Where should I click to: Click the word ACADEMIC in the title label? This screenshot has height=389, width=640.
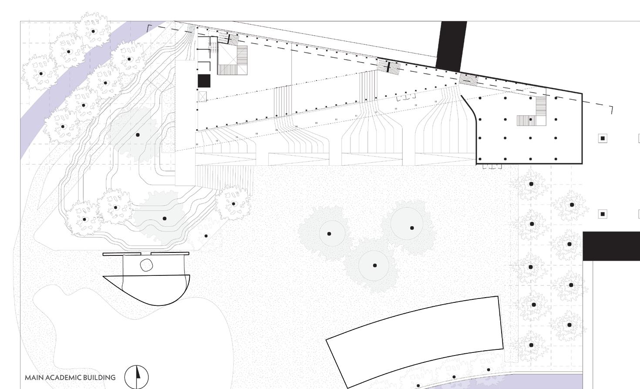[64, 378]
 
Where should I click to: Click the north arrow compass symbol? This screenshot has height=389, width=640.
[136, 377]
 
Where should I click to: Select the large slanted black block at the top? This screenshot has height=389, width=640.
[452, 46]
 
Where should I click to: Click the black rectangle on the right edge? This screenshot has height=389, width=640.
[611, 246]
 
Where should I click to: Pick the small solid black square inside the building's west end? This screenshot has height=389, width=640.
[204, 81]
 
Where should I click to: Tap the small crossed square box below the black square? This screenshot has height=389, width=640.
[202, 97]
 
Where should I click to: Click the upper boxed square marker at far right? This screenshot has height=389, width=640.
[603, 138]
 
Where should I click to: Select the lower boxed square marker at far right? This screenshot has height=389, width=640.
[603, 214]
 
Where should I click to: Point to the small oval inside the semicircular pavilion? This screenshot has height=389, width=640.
[146, 265]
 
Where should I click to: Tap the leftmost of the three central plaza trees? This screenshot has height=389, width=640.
[329, 234]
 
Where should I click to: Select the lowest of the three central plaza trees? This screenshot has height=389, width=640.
[374, 265]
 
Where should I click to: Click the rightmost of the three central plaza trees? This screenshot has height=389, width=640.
[411, 228]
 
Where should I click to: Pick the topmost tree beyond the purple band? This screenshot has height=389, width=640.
[93, 31]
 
